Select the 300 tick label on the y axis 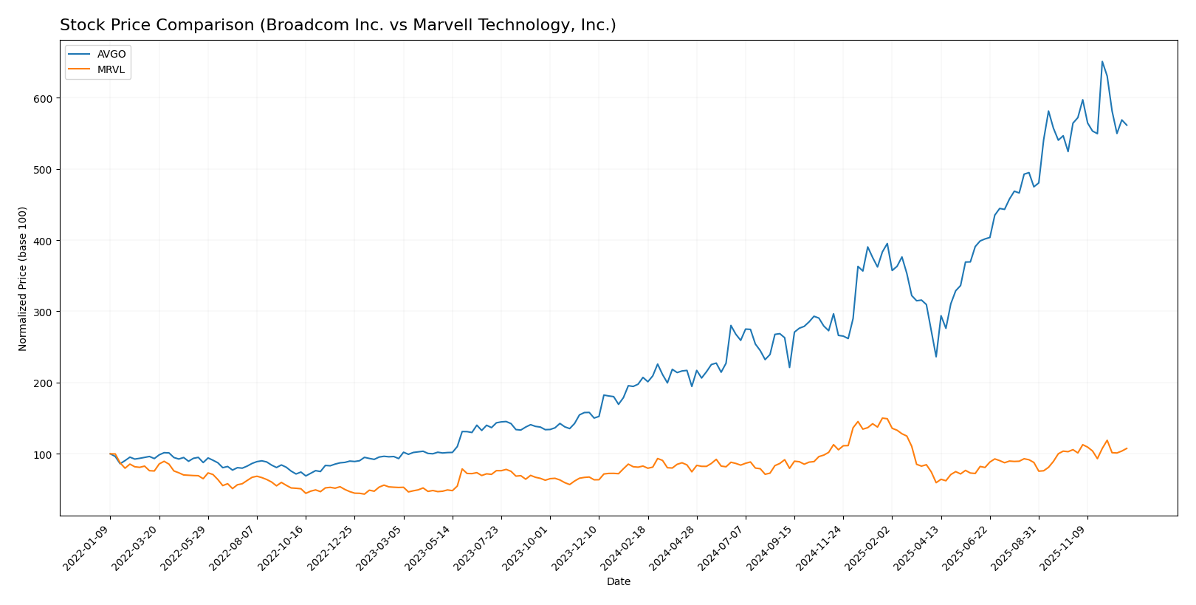tap(44, 312)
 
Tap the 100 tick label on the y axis tap(44, 454)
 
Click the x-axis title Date tap(618, 582)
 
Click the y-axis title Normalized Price tap(23, 278)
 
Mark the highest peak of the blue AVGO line tap(1102, 61)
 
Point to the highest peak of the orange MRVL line tap(882, 418)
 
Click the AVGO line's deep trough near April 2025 tap(936, 357)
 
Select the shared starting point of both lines tap(110, 454)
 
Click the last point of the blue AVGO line tap(1127, 126)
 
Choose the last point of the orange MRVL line tap(1127, 448)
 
